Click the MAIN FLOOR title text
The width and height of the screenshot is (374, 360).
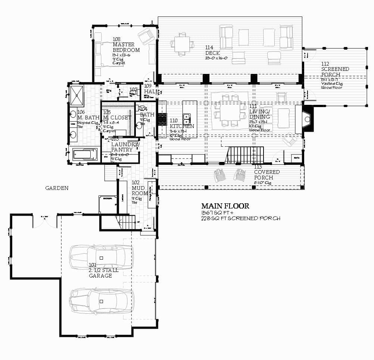pos(225,206)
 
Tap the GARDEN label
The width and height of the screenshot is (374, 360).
pos(57,188)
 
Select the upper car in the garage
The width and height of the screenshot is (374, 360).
pos(101,257)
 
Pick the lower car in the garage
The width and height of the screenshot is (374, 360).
pos(101,301)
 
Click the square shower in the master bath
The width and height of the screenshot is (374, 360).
pos(77,95)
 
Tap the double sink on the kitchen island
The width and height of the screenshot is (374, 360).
pos(187,120)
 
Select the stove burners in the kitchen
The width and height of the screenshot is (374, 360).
pos(162,119)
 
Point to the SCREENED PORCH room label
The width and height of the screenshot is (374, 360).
pos(335,72)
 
